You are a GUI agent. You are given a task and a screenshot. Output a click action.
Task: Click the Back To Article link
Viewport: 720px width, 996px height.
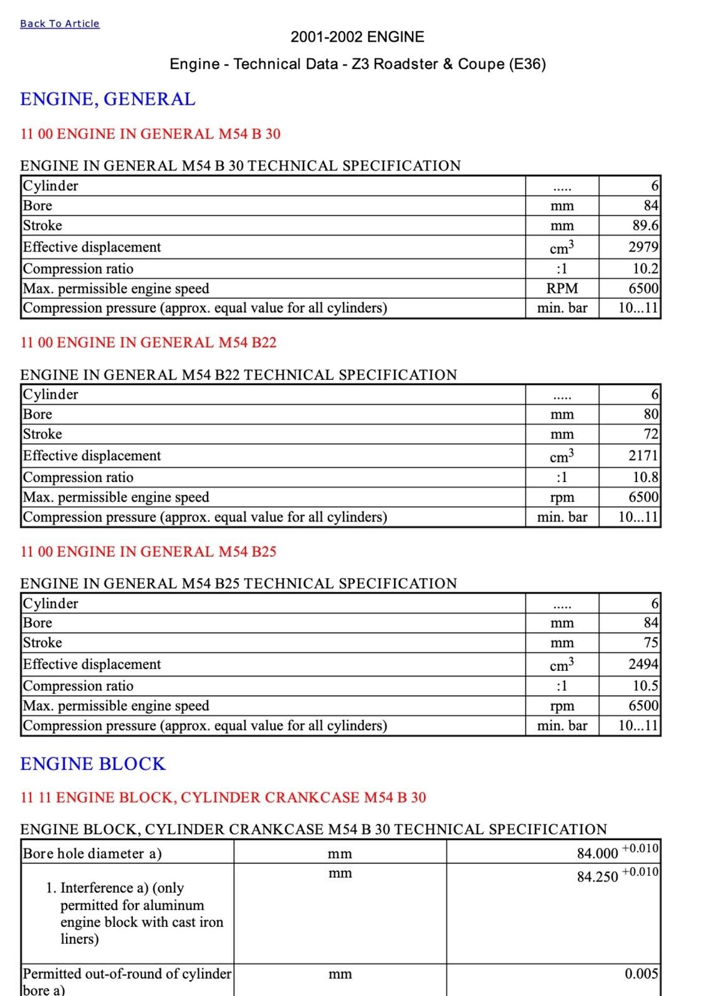(x=60, y=24)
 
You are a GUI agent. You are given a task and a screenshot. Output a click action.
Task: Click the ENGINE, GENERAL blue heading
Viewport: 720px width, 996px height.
(x=108, y=99)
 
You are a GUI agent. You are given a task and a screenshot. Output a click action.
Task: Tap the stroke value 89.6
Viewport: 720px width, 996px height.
(x=645, y=225)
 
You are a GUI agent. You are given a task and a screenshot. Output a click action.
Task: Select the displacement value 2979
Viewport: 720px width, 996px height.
(x=643, y=247)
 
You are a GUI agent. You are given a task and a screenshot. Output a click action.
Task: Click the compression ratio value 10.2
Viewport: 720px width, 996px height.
(x=645, y=268)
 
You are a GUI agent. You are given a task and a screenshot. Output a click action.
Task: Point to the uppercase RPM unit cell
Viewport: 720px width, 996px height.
(x=562, y=288)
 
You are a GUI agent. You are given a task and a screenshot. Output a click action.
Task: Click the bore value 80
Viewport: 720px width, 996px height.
(x=651, y=414)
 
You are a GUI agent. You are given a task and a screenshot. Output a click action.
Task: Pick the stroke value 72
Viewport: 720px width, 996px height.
(x=651, y=434)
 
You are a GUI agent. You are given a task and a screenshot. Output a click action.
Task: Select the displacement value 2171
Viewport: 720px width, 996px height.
(x=643, y=456)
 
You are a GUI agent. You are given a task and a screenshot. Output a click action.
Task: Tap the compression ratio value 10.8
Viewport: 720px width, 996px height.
(x=645, y=477)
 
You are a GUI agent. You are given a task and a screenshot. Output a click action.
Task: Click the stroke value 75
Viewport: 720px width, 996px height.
(x=651, y=643)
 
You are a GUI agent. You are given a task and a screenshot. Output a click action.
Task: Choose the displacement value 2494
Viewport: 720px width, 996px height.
(x=643, y=665)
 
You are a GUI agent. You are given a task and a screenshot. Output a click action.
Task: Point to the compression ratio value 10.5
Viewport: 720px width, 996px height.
(x=645, y=686)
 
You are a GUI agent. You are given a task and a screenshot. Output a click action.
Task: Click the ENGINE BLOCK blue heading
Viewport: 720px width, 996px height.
(x=93, y=764)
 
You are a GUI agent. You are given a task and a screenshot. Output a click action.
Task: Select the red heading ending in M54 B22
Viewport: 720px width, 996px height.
(x=148, y=343)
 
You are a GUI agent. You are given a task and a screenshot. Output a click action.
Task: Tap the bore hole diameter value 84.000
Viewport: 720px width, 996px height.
(x=597, y=853)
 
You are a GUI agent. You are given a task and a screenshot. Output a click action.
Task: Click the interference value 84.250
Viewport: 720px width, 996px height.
(x=597, y=877)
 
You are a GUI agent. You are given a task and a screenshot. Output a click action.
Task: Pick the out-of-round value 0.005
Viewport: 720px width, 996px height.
(x=641, y=974)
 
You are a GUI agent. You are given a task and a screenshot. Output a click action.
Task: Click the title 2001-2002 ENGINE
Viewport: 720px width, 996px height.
(x=357, y=37)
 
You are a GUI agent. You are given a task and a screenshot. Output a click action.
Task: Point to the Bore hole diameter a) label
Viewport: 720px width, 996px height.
(x=92, y=853)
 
